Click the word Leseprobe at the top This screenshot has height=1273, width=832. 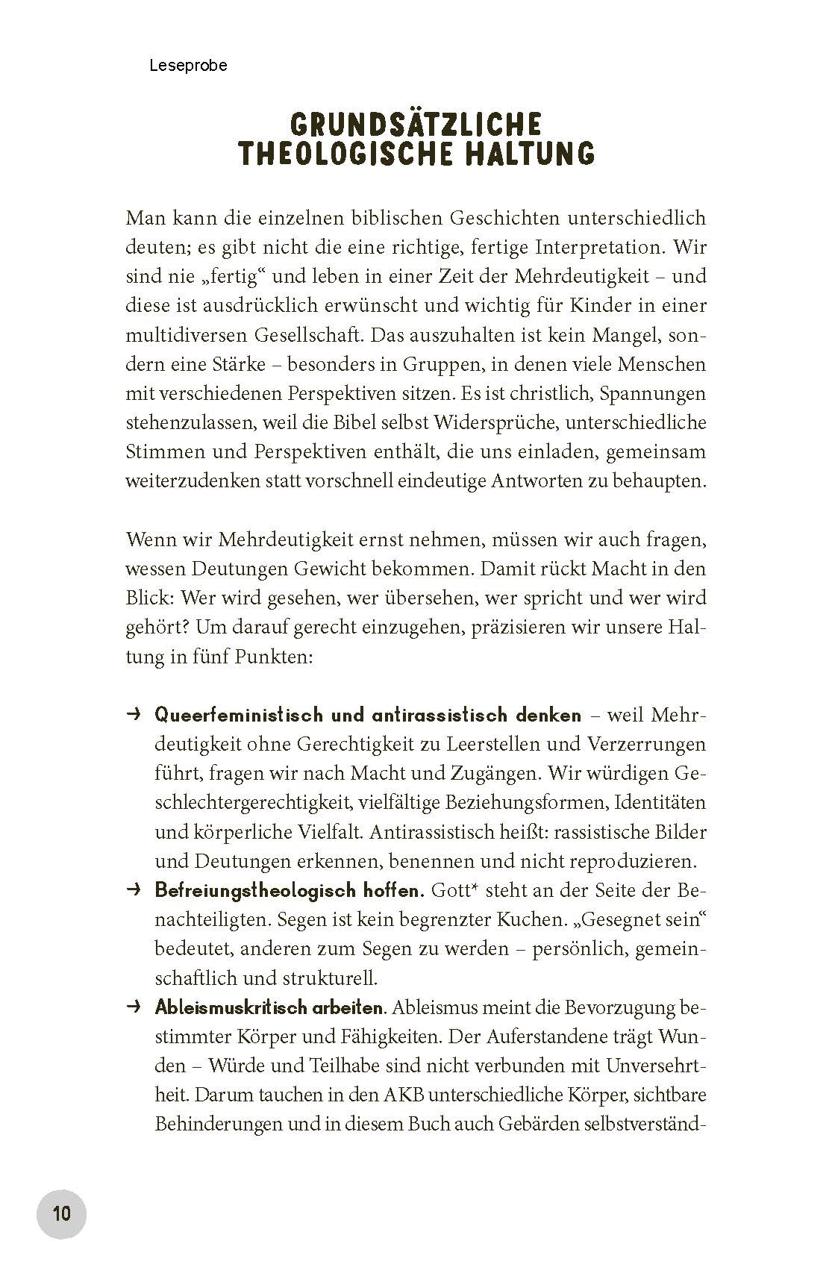188,66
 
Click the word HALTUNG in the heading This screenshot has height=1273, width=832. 527,153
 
